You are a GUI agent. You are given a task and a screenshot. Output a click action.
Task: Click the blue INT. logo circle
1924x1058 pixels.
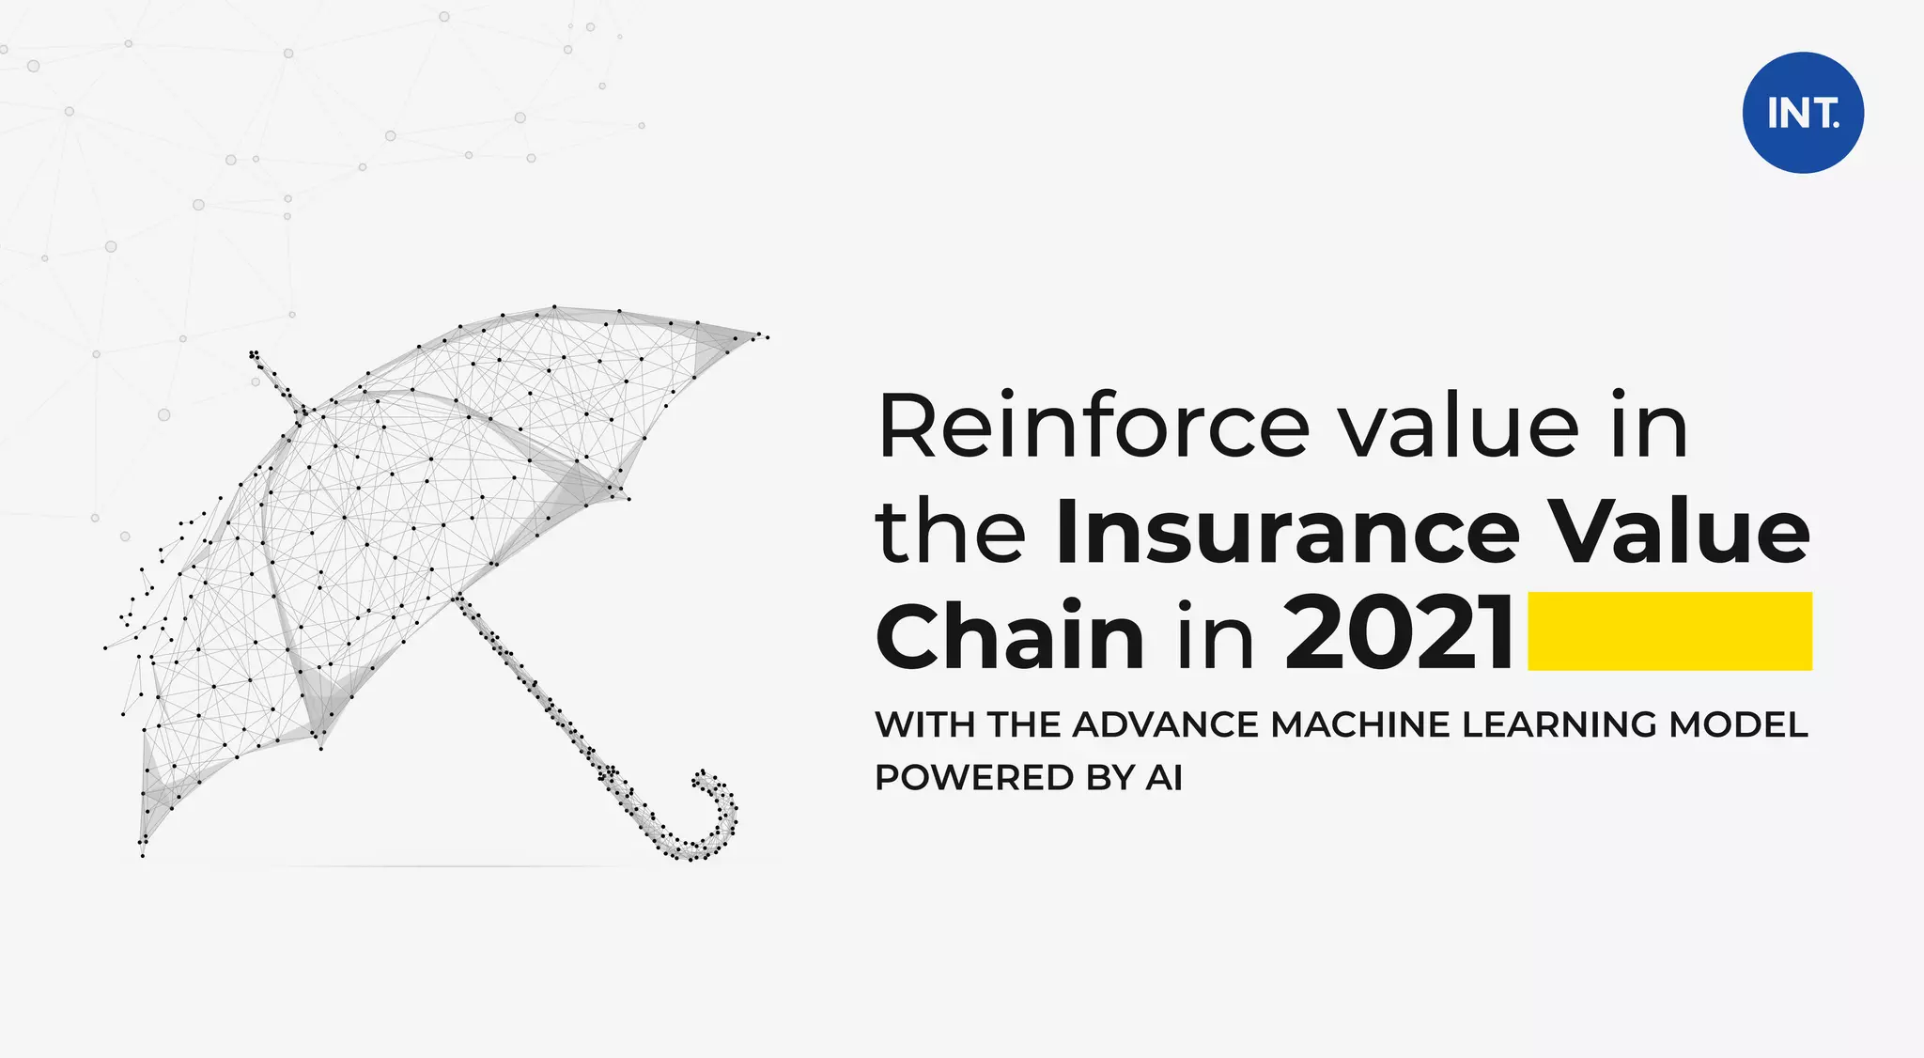pyautogui.click(x=1803, y=113)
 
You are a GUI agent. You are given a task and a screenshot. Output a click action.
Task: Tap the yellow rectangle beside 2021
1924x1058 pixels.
pyautogui.click(x=1669, y=630)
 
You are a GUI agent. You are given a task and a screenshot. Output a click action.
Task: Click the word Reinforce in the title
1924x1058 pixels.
pyautogui.click(x=1093, y=427)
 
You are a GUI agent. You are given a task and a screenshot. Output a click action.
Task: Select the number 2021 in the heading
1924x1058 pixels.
pyautogui.click(x=1399, y=633)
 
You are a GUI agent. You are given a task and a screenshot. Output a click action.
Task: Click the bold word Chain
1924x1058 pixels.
pyautogui.click(x=1010, y=635)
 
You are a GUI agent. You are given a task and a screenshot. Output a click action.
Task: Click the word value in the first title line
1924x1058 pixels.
pyautogui.click(x=1459, y=427)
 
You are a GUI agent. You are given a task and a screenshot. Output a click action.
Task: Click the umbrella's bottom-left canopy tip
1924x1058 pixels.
pyautogui.click(x=144, y=846)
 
